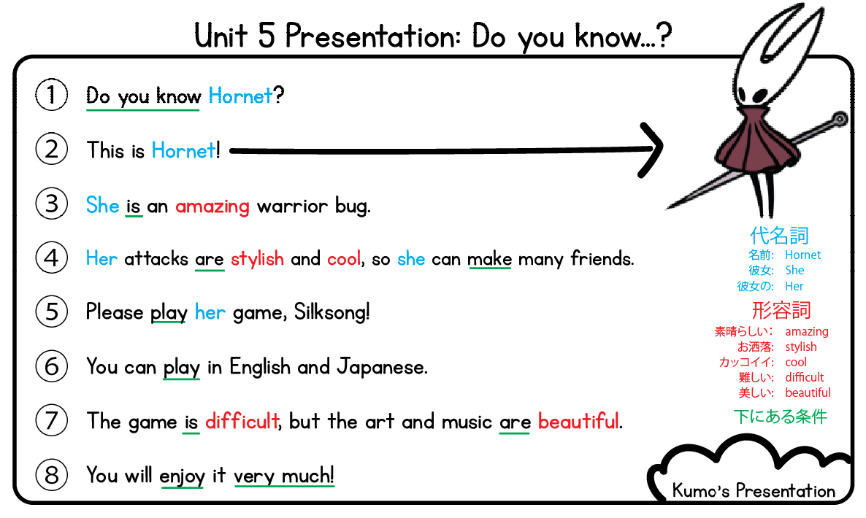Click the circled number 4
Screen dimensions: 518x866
[51, 258]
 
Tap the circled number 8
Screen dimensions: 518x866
[51, 475]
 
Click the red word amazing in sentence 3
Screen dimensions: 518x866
[212, 206]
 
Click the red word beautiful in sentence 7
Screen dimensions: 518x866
[578, 421]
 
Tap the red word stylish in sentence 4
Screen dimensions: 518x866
[257, 259]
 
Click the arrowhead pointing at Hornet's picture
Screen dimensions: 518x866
[651, 150]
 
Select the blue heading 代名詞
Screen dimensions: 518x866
[779, 236]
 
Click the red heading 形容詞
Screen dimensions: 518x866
[781, 310]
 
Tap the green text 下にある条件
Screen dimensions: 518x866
[780, 417]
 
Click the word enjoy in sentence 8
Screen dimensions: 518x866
[182, 476]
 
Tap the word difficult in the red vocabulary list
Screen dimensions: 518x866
[804, 377]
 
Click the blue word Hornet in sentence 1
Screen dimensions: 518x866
[240, 96]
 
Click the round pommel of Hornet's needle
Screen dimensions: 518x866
[840, 117]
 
